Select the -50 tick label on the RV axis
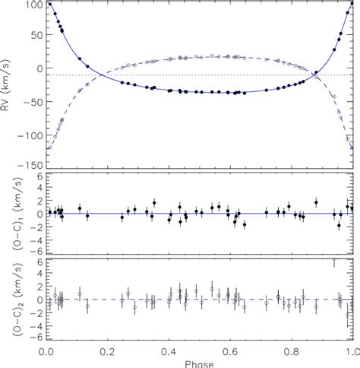coord(31,101)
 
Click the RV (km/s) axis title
coord(8,84)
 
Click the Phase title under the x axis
coord(198,363)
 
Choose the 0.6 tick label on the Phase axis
coord(229,353)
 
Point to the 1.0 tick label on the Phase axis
coord(349,353)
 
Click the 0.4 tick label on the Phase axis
coord(169,353)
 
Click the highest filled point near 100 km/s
coord(49,5)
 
